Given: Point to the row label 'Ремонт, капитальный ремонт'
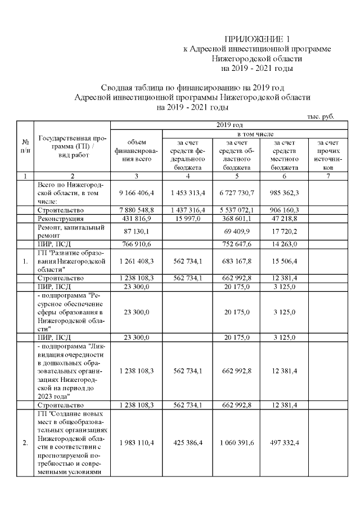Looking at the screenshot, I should tap(70, 231).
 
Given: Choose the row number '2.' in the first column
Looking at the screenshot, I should tap(25, 443).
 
